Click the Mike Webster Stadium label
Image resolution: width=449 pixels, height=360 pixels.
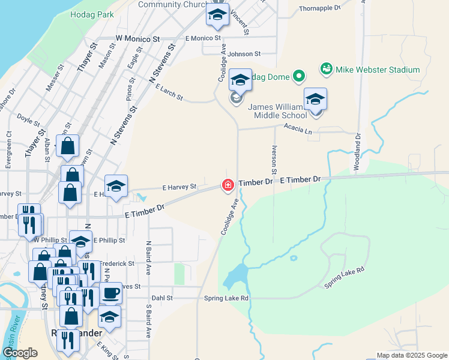[378, 70]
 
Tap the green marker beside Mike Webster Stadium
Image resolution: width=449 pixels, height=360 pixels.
[327, 70]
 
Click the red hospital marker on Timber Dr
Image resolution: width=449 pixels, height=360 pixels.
[228, 185]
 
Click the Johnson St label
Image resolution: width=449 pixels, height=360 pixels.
[244, 54]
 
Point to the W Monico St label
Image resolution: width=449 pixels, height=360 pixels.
[139, 38]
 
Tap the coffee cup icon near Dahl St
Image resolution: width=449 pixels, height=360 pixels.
[110, 293]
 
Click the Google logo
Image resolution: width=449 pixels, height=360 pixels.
[20, 353]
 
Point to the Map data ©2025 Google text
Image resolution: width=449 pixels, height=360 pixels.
[412, 355]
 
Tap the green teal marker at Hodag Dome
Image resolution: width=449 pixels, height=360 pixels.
[298, 76]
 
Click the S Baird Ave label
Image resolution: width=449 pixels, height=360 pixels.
[148, 321]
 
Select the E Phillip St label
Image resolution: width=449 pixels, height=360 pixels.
[109, 240]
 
